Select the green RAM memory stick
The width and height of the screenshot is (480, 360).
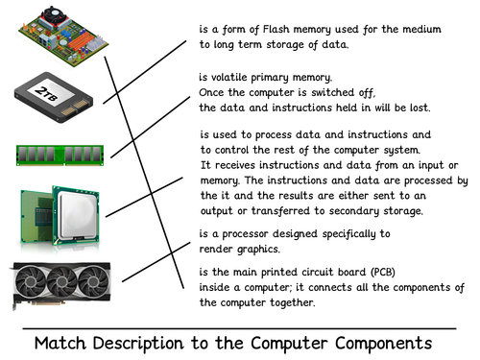coord(57,155)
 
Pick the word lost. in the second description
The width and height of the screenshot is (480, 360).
coord(416,108)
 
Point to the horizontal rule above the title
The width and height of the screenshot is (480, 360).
coord(240,327)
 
